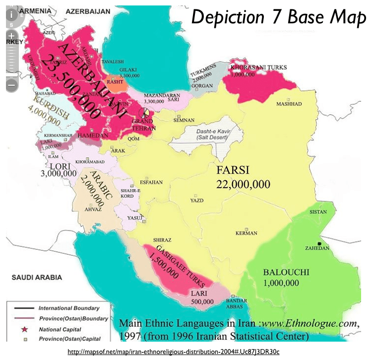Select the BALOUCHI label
point(286,272)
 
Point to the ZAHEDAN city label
point(317,248)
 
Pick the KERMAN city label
point(247,233)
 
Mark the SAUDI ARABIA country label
point(37,277)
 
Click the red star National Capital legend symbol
point(21,329)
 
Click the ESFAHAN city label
point(151,182)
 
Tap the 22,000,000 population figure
point(243,184)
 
